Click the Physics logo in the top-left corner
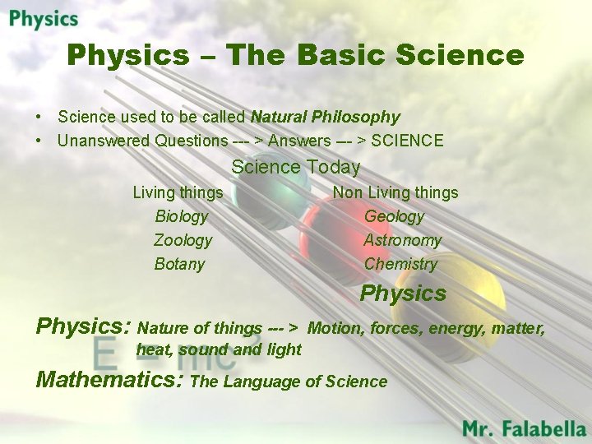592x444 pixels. (x=44, y=19)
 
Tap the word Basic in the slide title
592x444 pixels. (x=341, y=55)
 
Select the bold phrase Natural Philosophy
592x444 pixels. (x=325, y=117)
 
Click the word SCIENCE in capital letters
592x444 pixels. (x=407, y=141)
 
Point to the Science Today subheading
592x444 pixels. (x=295, y=167)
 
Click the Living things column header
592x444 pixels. (x=178, y=192)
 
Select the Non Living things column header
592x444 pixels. (x=395, y=192)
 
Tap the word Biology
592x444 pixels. (x=182, y=216)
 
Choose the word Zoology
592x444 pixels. (x=183, y=240)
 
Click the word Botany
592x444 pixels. (x=179, y=264)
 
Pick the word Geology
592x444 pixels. (x=394, y=216)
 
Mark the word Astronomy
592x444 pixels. (x=402, y=240)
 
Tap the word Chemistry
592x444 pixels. (x=400, y=264)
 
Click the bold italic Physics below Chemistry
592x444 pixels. (x=403, y=294)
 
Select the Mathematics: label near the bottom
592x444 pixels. (x=111, y=380)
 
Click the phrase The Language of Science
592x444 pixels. (x=289, y=382)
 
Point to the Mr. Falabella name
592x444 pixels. (x=524, y=428)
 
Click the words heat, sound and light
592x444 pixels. (x=219, y=349)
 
